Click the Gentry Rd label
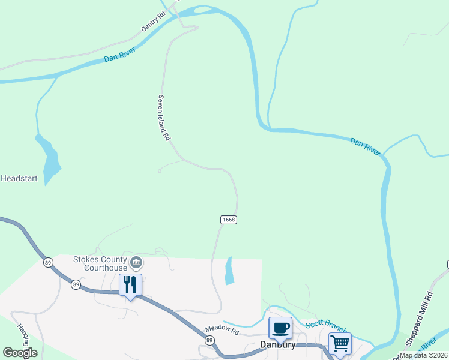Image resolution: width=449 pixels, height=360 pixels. click(152, 23)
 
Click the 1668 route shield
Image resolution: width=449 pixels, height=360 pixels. click(228, 220)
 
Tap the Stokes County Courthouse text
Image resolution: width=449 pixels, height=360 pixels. click(100, 263)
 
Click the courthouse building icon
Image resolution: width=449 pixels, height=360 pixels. click(136, 262)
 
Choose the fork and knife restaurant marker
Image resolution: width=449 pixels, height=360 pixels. click(130, 284)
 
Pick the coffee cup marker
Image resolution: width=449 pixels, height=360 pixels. click(280, 328)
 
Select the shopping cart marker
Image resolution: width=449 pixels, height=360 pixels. click(339, 344)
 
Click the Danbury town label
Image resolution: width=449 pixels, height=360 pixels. click(278, 345)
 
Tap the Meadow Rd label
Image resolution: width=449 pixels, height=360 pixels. click(221, 330)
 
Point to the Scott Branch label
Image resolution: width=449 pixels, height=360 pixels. click(327, 326)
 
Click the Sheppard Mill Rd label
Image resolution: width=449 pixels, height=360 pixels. click(420, 319)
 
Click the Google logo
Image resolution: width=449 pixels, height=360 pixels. click(20, 353)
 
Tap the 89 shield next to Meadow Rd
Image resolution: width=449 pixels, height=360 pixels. click(209, 340)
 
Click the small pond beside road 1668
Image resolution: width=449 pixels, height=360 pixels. click(229, 271)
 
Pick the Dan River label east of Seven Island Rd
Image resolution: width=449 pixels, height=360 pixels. click(365, 147)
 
